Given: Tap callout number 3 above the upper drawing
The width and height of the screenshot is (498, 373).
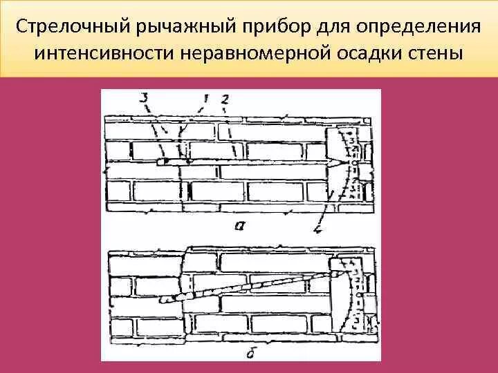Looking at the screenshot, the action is (143, 99).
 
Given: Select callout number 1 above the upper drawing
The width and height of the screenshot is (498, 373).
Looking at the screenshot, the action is (205, 99).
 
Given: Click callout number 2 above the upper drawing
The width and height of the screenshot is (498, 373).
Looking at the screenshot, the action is (224, 99).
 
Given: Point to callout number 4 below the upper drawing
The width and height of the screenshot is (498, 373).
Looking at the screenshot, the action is (317, 229).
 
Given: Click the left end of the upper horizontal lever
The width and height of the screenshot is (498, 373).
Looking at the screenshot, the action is (159, 162).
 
